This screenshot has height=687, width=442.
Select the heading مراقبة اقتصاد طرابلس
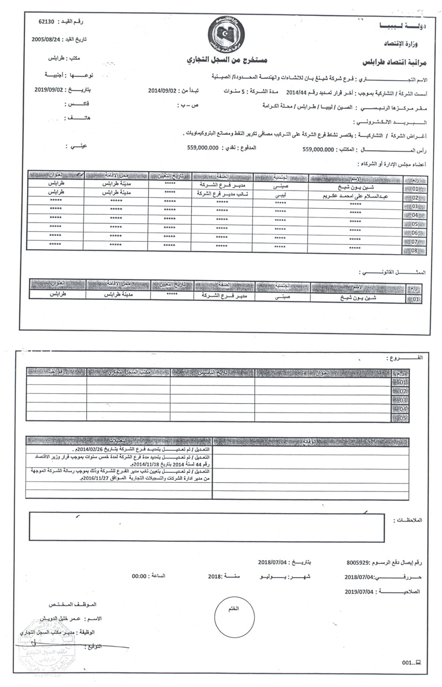click(x=391, y=61)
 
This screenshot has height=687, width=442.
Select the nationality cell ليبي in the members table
click(x=280, y=196)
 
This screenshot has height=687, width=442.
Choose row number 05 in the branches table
click(x=402, y=419)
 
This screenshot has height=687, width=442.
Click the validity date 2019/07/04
click(x=359, y=591)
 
